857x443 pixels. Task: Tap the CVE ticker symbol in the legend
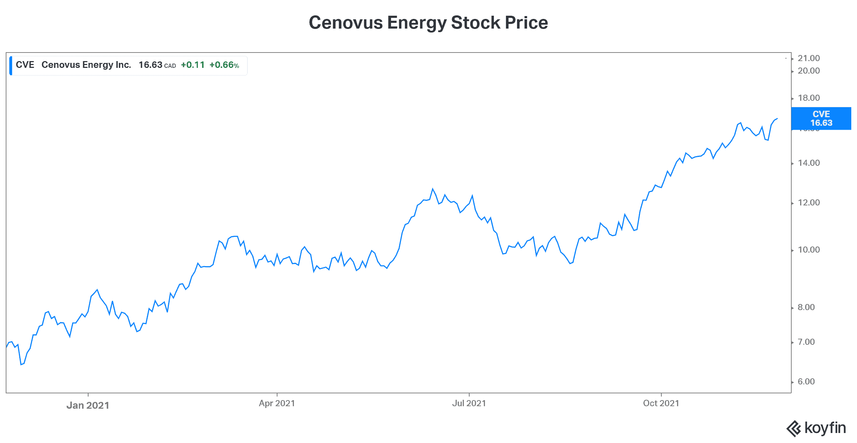point(25,65)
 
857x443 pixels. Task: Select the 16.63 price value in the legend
point(150,65)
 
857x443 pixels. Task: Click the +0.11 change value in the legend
point(193,65)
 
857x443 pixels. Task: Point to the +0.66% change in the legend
point(224,65)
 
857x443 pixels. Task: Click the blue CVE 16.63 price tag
point(821,119)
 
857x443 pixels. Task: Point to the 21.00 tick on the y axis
point(809,58)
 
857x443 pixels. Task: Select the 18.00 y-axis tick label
point(809,98)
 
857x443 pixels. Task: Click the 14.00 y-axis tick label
point(809,163)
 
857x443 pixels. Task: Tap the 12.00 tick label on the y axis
point(809,203)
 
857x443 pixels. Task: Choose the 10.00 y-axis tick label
point(809,250)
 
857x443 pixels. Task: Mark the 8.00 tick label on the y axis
point(806,307)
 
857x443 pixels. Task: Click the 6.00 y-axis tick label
point(806,382)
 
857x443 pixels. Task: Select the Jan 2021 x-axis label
point(88,405)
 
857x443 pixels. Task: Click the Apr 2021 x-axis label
point(277,403)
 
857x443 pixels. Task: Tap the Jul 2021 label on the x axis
point(469,403)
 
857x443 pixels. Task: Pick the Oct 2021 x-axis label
point(661,403)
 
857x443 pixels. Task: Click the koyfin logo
point(816,428)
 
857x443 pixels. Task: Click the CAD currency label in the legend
point(170,66)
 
